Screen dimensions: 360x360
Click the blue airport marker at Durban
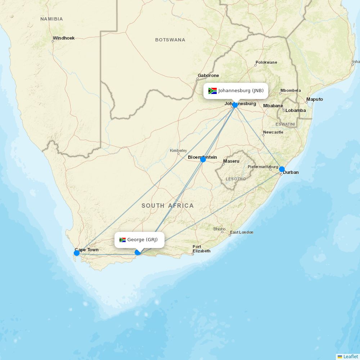pyautogui.click(x=282, y=169)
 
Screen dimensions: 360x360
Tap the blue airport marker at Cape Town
pyautogui.click(x=77, y=253)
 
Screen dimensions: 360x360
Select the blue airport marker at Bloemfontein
pyautogui.click(x=203, y=159)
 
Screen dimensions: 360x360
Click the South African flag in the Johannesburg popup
pyautogui.click(x=212, y=91)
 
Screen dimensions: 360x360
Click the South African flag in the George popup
pyautogui.click(x=122, y=240)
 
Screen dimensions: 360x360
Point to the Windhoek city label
pyautogui.click(x=64, y=38)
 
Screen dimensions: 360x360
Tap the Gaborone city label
pyautogui.click(x=208, y=76)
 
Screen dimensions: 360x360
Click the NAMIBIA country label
pyautogui.click(x=51, y=19)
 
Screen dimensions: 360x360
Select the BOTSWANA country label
pyautogui.click(x=170, y=40)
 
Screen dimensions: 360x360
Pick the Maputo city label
pyautogui.click(x=315, y=99)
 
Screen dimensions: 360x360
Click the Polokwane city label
pyautogui.click(x=266, y=63)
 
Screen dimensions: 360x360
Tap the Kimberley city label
pyautogui.click(x=179, y=150)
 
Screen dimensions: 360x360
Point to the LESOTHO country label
pyautogui.click(x=236, y=179)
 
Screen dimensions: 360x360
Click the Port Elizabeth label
pyautogui.click(x=202, y=249)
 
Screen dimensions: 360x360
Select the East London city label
pyautogui.click(x=242, y=232)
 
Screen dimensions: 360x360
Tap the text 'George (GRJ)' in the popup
pyautogui.click(x=143, y=240)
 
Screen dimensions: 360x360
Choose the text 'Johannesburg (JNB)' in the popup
pyautogui.click(x=241, y=91)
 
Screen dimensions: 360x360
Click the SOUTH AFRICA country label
pyautogui.click(x=167, y=206)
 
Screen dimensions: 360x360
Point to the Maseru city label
pyautogui.click(x=231, y=161)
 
